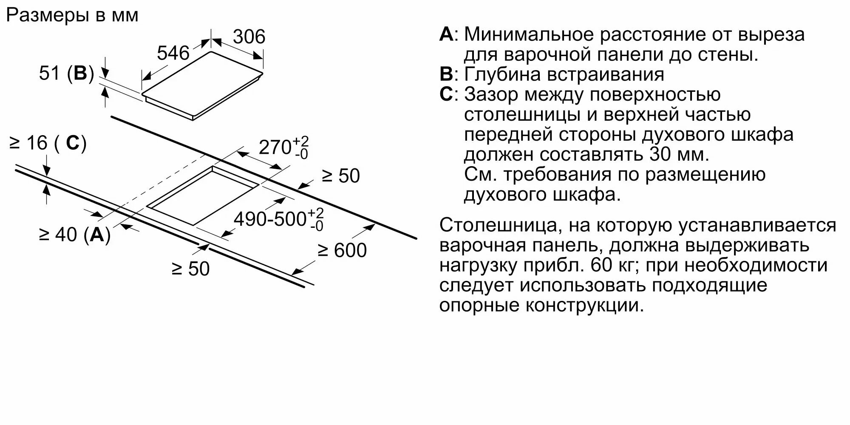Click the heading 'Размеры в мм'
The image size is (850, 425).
pos(72,16)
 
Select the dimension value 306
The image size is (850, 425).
pos(249,37)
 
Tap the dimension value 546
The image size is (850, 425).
pos(173,54)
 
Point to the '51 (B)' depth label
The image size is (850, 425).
pos(66,74)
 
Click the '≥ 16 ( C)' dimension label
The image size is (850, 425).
pos(48,143)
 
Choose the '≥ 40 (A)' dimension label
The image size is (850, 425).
pos(75,234)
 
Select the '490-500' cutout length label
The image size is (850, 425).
pos(270,219)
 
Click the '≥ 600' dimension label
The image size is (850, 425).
pos(342,250)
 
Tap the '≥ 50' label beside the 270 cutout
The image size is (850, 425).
pos(341,176)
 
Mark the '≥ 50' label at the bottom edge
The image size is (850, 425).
pos(191,269)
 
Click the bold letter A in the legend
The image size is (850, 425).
pos(446,34)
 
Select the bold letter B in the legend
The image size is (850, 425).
pos(446,74)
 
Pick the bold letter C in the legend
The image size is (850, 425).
pos(446,94)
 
